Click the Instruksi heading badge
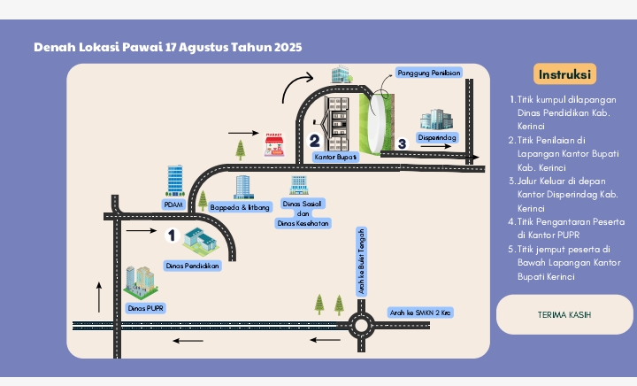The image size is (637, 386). click(564, 74)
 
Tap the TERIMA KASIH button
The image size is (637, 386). click(564, 314)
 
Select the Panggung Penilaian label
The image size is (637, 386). click(428, 73)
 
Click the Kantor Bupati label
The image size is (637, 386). click(335, 157)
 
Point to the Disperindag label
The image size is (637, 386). click(437, 137)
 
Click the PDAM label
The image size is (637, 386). click(173, 205)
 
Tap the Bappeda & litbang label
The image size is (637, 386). click(240, 207)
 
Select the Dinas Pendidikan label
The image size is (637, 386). click(193, 266)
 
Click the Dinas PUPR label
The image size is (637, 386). click(145, 308)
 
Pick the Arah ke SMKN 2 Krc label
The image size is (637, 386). click(420, 313)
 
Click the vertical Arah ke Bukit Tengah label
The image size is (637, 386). click(361, 261)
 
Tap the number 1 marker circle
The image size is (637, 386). click(172, 235)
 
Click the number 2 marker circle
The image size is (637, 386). click(314, 141)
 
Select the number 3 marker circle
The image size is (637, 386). click(402, 143)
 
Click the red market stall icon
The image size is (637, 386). click(273, 144)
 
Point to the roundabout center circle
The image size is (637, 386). click(361, 326)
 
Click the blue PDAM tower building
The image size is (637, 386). click(175, 181)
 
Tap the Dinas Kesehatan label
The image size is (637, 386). click(303, 223)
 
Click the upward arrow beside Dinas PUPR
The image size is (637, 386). click(99, 297)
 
